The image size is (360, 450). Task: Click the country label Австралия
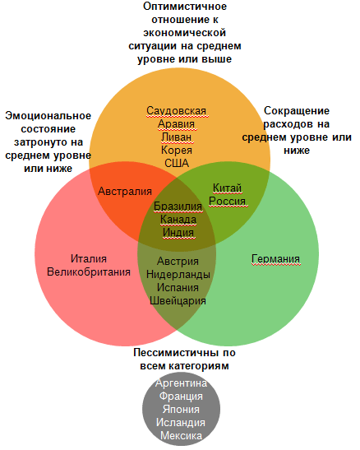point(125,191)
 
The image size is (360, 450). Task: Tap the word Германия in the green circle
point(275,259)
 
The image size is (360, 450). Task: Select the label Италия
point(89,259)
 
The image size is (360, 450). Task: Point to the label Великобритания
point(89,272)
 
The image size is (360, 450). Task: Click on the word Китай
point(228,188)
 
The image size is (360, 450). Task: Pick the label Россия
point(228,202)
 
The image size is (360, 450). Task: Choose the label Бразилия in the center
point(178,206)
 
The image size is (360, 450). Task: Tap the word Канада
point(178,220)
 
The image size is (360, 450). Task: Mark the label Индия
point(178,233)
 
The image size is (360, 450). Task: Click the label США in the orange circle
point(177,163)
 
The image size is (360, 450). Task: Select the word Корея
point(177,150)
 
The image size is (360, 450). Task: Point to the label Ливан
point(176,137)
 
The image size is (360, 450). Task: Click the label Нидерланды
point(178,275)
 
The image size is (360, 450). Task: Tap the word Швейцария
point(178,301)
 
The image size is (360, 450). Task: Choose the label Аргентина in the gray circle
point(181,383)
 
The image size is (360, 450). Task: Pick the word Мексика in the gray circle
point(181,436)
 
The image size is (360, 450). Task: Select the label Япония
point(181,409)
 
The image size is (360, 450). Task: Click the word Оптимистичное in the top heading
point(185,7)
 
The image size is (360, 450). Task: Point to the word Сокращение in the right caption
point(297,111)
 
